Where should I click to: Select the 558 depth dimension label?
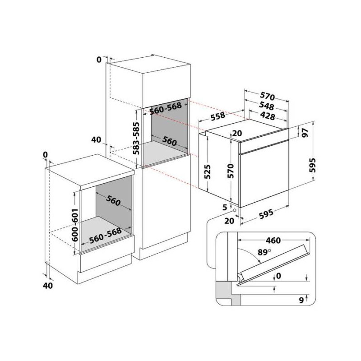tap(218, 116)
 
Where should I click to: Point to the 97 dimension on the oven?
tap(305, 133)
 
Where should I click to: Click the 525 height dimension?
tap(208, 171)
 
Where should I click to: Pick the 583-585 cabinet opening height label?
tap(137, 138)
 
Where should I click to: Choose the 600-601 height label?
tap(75, 225)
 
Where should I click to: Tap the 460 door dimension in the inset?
tap(273, 241)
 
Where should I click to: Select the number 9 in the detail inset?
tap(301, 301)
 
